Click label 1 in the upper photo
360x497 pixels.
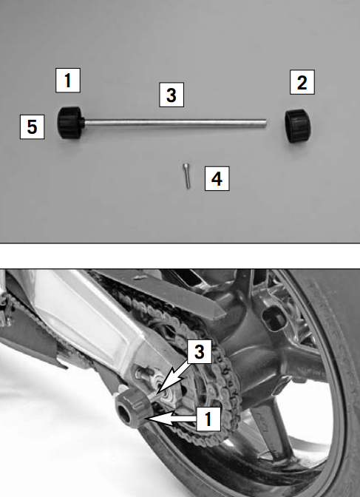(x=68, y=80)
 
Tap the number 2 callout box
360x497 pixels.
(x=302, y=82)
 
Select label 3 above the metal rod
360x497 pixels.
(x=171, y=95)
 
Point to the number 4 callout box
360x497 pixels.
(x=217, y=178)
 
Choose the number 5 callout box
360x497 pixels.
(x=32, y=126)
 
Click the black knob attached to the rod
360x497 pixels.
(x=70, y=122)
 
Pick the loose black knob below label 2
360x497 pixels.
(x=297, y=126)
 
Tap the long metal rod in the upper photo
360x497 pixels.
(x=175, y=123)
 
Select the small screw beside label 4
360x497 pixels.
(x=187, y=175)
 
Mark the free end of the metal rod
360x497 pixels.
(x=265, y=124)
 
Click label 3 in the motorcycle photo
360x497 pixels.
(x=200, y=351)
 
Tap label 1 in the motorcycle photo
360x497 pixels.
(x=208, y=419)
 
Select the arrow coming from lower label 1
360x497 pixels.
(x=171, y=419)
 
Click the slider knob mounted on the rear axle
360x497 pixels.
(x=132, y=408)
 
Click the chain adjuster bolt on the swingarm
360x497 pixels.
(x=142, y=373)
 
